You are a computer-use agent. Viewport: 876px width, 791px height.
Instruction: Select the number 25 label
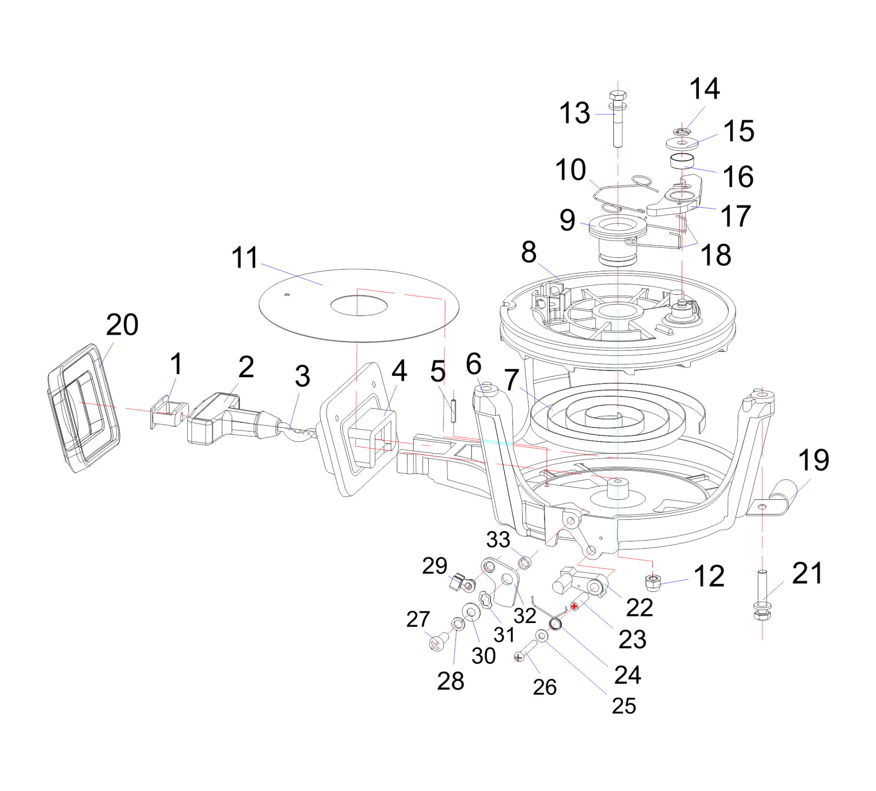[x=623, y=706]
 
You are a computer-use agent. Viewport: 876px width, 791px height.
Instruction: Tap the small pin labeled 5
[x=453, y=410]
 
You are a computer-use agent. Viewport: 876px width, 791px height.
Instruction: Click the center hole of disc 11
[x=359, y=305]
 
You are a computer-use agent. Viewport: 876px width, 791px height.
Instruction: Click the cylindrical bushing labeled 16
[x=682, y=161]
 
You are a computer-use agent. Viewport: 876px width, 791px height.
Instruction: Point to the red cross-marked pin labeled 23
[x=574, y=606]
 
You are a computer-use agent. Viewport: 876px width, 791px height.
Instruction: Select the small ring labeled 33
[x=524, y=563]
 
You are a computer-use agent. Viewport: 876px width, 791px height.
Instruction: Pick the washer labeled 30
[x=471, y=613]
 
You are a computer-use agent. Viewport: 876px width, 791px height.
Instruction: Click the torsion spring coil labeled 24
[x=555, y=625]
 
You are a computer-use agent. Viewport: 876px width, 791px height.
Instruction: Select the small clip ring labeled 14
[x=682, y=131]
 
